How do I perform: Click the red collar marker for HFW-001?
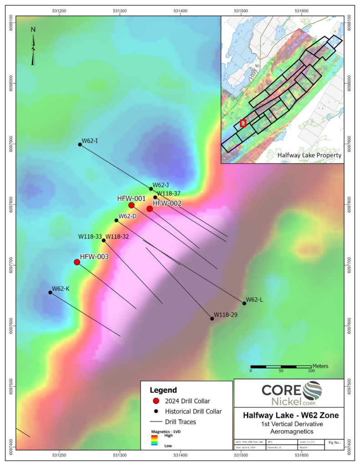click(132, 205)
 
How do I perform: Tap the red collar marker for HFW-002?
click(150, 209)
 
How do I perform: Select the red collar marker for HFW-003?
click(77, 262)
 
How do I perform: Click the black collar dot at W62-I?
click(80, 144)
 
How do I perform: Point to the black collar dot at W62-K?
click(51, 293)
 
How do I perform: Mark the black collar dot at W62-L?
click(244, 303)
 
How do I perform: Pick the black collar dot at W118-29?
click(212, 319)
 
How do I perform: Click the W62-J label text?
click(161, 185)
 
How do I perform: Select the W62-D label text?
click(127, 216)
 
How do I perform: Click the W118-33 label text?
click(90, 237)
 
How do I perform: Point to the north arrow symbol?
click(33, 46)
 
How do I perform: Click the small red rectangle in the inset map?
click(243, 123)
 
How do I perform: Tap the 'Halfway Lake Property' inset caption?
click(309, 156)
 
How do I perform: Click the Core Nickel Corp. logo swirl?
click(312, 391)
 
